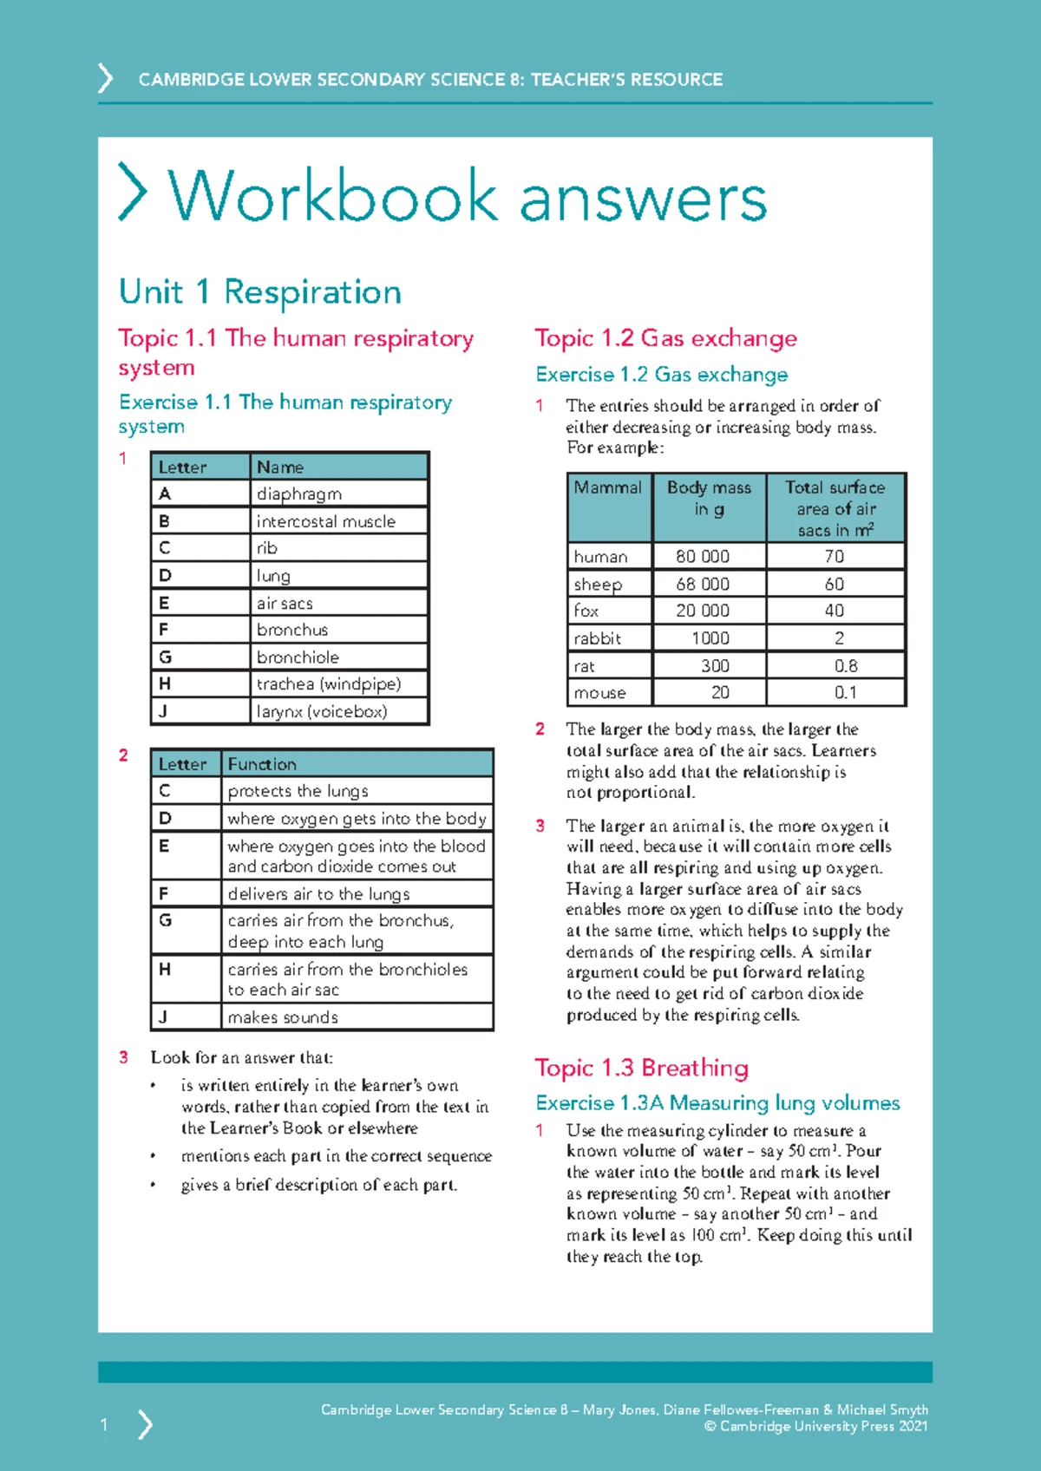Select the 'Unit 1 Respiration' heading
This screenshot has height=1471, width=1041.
[260, 292]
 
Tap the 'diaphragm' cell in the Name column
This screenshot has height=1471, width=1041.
[299, 494]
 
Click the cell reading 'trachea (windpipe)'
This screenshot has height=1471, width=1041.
[329, 683]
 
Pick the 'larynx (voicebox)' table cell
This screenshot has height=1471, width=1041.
[322, 711]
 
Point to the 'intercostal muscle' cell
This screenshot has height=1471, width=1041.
[326, 521]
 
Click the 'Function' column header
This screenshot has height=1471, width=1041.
[262, 764]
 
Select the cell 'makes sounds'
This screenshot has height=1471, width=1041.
[283, 1017]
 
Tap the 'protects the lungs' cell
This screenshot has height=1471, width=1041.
[298, 791]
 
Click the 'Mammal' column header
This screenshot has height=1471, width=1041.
[608, 487]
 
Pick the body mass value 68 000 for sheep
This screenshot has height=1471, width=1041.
[703, 584]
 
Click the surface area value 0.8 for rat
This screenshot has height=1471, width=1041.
[846, 665]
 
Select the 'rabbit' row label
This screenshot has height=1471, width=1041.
[598, 638]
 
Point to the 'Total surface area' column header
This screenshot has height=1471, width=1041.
[835, 508]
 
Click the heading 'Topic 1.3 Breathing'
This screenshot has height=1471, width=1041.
[641, 1068]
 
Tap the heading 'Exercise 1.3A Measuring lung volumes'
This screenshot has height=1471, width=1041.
[717, 1102]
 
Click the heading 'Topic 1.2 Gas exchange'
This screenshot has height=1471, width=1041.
[665, 338]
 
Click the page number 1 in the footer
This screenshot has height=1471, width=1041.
[104, 1424]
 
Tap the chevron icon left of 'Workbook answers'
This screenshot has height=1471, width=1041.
[133, 192]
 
